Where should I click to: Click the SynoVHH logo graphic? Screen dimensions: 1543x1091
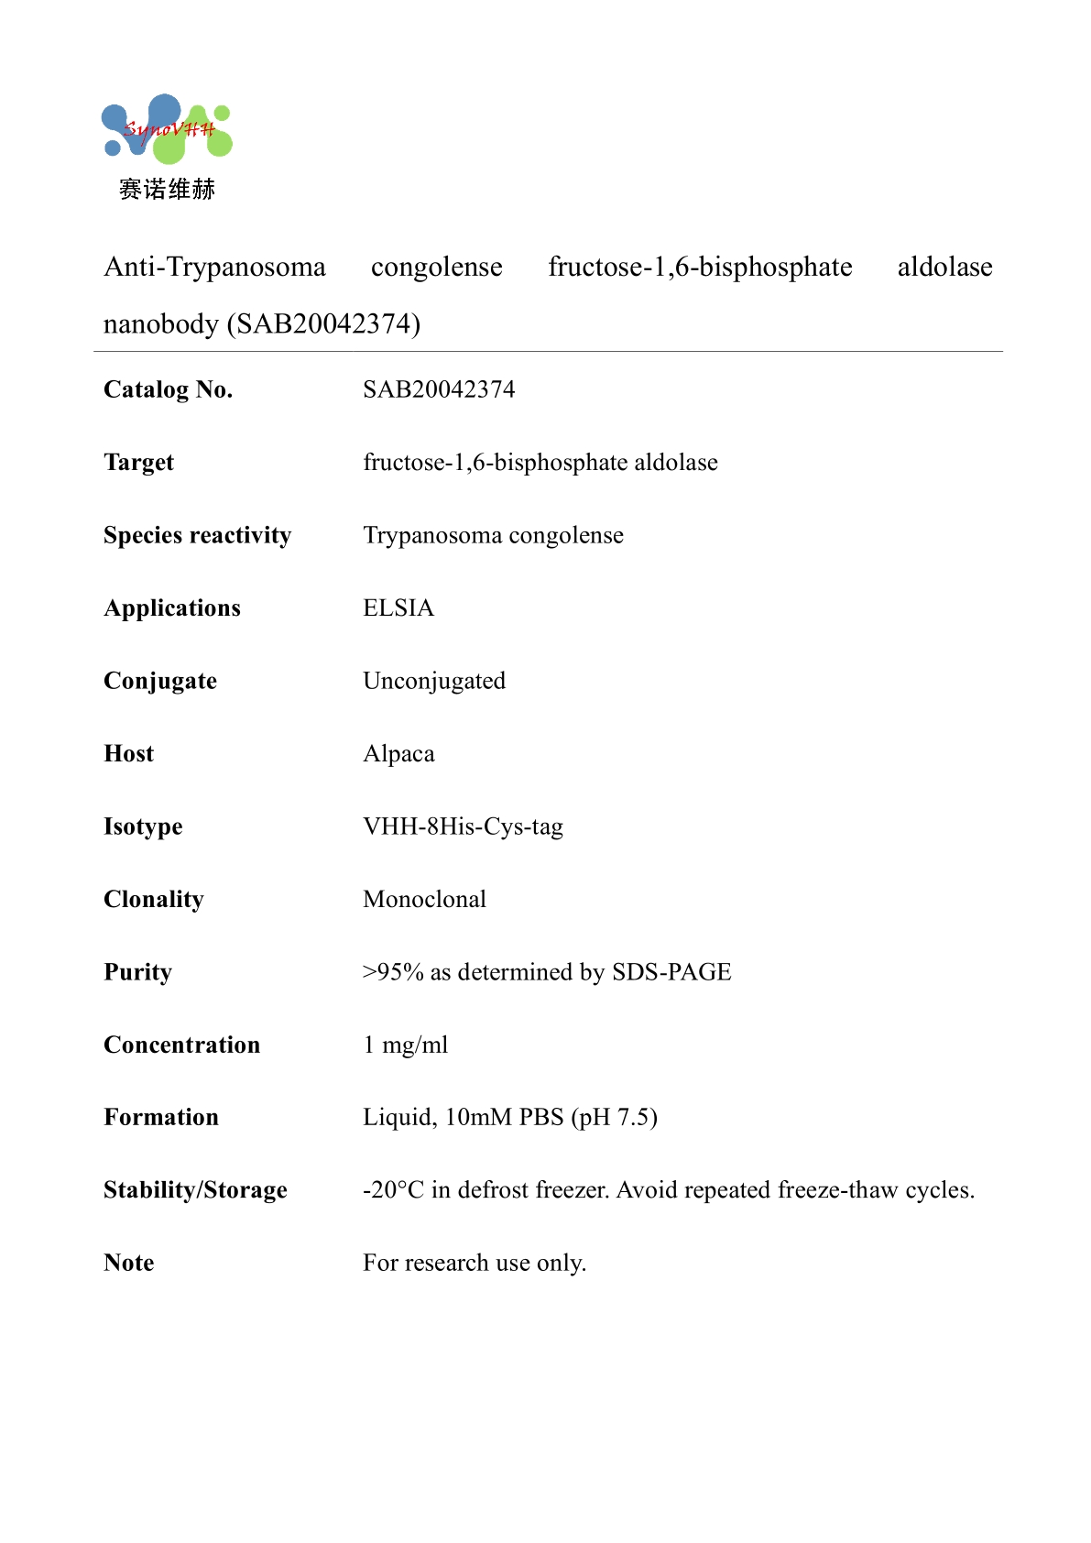click(x=167, y=128)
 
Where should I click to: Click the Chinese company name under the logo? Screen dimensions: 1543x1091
click(x=167, y=190)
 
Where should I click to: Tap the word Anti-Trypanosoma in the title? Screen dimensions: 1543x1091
click(x=215, y=267)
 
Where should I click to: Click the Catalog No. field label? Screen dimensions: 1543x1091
click(x=169, y=389)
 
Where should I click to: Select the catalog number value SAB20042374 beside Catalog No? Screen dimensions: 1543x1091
click(x=439, y=389)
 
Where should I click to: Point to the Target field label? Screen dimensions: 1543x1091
click(x=138, y=463)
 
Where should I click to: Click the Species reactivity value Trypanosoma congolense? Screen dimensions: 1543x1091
click(x=493, y=535)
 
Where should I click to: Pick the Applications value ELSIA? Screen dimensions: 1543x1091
click(x=398, y=608)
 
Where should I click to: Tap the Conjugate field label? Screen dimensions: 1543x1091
click(x=160, y=681)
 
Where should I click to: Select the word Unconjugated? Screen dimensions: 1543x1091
click(x=434, y=681)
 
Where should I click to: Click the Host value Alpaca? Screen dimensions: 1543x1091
click(x=398, y=754)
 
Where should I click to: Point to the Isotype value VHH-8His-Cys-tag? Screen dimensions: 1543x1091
click(x=463, y=826)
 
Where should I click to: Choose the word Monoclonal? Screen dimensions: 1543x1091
click(x=424, y=899)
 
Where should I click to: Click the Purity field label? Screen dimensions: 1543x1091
click(x=137, y=972)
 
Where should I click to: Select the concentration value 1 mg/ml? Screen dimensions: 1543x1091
click(x=406, y=1045)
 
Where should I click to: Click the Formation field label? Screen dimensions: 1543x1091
click(x=161, y=1117)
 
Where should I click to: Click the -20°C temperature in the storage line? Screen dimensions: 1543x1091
click(x=393, y=1190)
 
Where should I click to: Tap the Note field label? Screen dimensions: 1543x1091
click(x=129, y=1263)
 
